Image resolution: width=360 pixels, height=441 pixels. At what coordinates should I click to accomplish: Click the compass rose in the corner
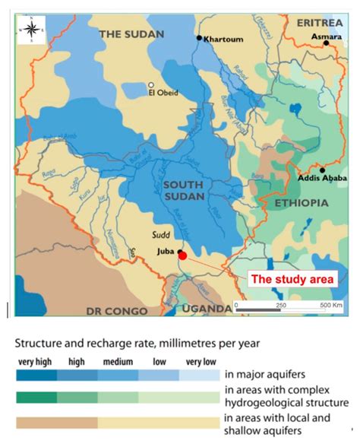tap(30, 31)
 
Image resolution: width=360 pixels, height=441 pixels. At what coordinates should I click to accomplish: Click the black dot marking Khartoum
tap(200, 37)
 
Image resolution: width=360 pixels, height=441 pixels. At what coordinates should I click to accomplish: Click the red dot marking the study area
tap(182, 255)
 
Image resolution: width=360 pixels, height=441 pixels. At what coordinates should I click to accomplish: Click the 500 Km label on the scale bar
tap(330, 306)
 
